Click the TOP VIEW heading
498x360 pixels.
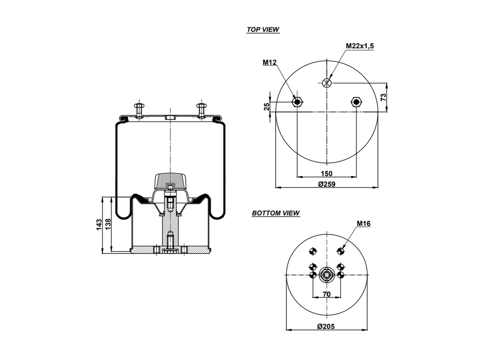click(263, 30)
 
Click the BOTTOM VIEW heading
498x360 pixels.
click(276, 213)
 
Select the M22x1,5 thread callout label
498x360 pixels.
click(360, 46)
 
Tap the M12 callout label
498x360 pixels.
click(269, 62)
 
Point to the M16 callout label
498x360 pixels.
click(363, 224)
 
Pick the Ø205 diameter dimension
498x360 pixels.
click(326, 326)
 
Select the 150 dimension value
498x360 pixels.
click(326, 174)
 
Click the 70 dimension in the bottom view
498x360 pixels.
click(326, 294)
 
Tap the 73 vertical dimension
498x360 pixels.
click(383, 97)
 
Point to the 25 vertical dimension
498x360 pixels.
click(267, 107)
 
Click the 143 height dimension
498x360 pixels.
click(99, 224)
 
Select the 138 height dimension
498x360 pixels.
click(108, 224)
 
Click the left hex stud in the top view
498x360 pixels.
click(297, 102)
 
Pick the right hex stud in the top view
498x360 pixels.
click(356, 102)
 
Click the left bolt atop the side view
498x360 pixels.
click(140, 110)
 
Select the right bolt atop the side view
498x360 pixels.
click(200, 110)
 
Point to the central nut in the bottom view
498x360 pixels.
click(326, 275)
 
